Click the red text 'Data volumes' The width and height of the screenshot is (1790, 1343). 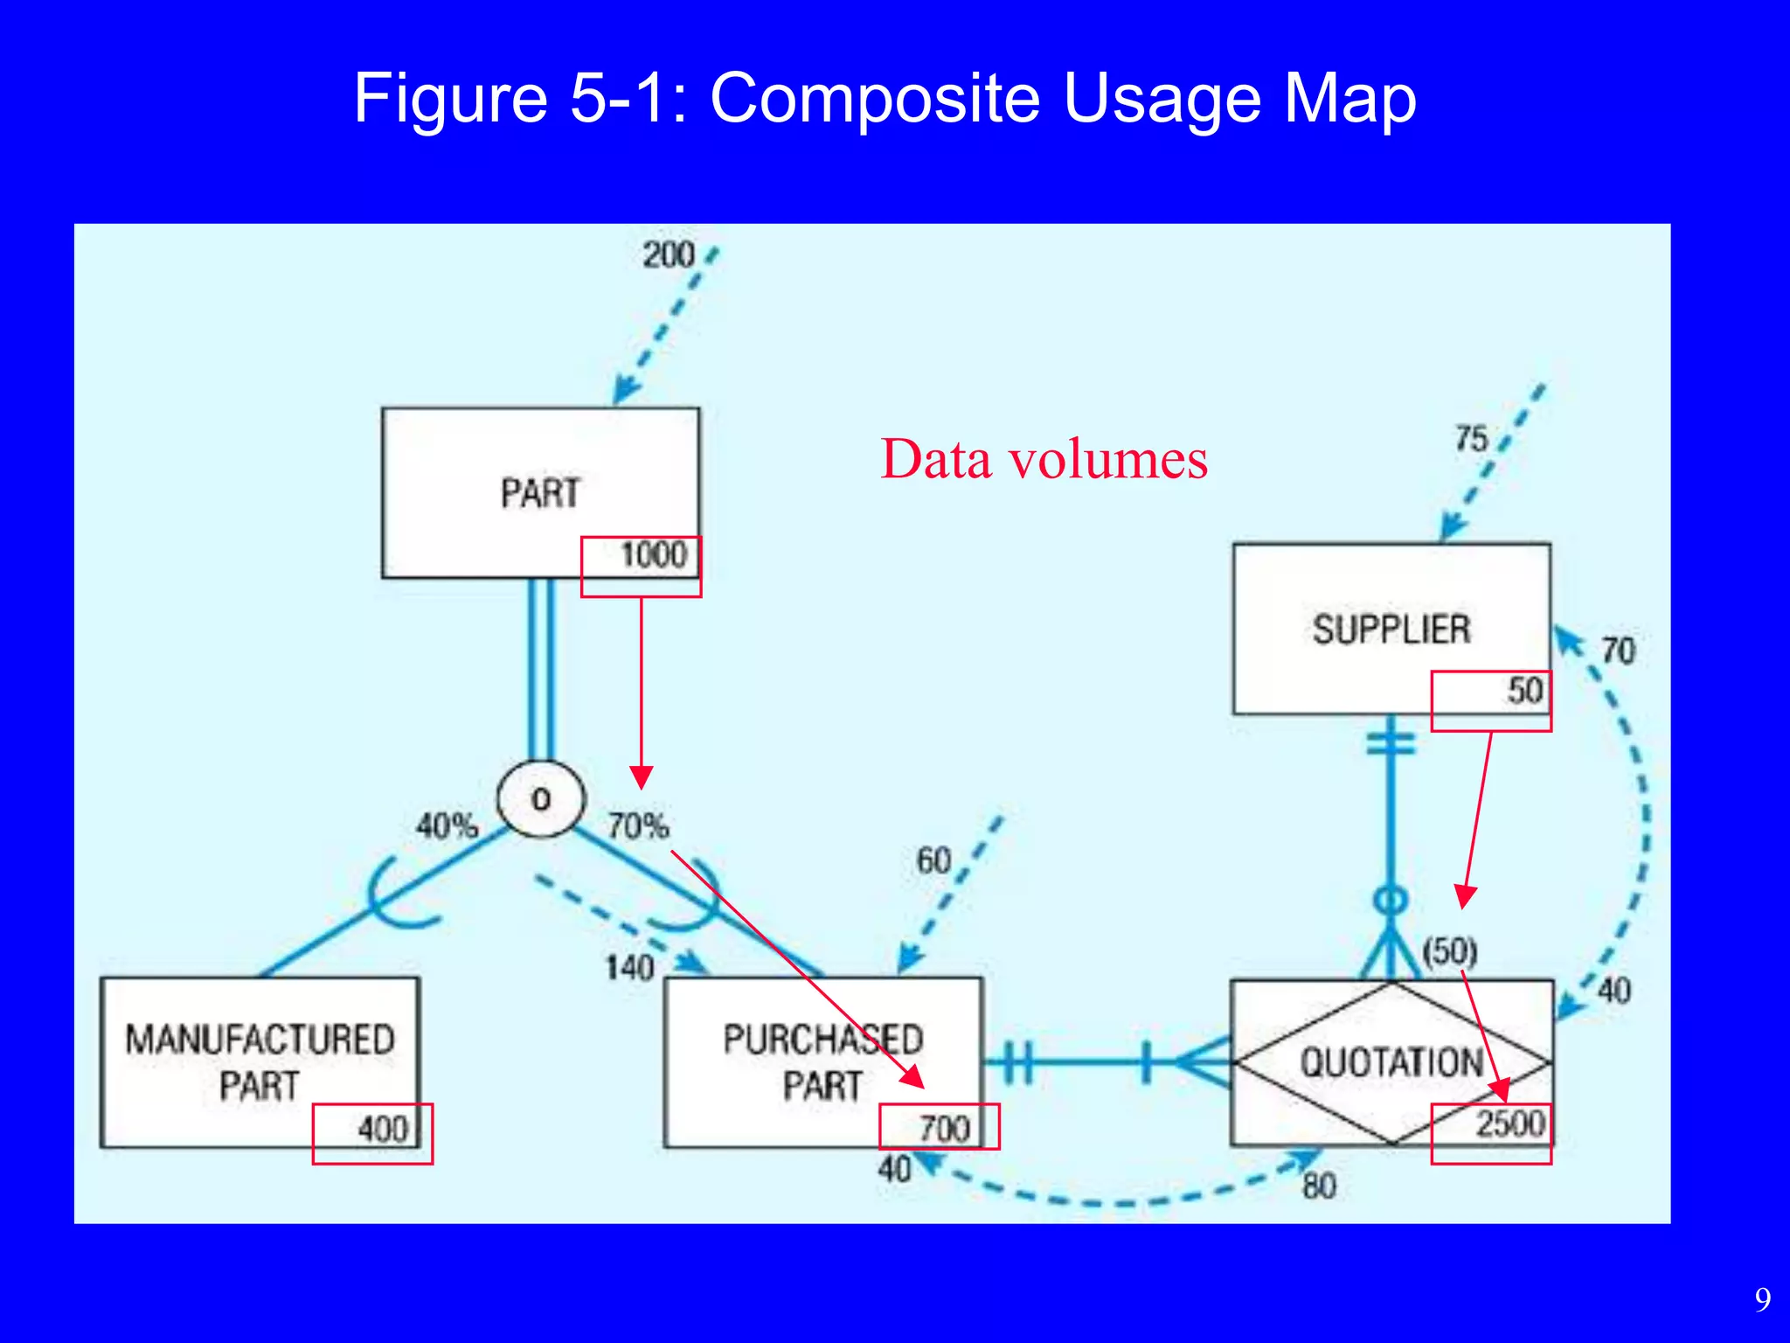pyautogui.click(x=1044, y=459)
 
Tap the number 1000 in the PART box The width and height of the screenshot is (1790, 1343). pyautogui.click(x=653, y=555)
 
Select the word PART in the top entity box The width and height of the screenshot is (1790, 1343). pyautogui.click(x=540, y=493)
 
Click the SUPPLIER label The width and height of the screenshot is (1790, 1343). pyautogui.click(x=1391, y=630)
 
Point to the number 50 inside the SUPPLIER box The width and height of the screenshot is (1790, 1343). pyautogui.click(x=1525, y=691)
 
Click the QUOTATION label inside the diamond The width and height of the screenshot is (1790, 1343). pyautogui.click(x=1391, y=1062)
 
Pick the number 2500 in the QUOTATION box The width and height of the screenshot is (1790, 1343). pyautogui.click(x=1510, y=1124)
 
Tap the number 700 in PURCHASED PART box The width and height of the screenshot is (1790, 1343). pyautogui.click(x=944, y=1129)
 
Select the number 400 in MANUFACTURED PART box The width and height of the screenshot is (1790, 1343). pyautogui.click(x=383, y=1129)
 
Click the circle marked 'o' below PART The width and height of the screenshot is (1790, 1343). pyautogui.click(x=540, y=799)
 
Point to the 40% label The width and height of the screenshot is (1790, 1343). pyautogui.click(x=447, y=825)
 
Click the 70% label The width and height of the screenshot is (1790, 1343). pyautogui.click(x=638, y=825)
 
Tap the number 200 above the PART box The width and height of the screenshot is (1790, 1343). pyautogui.click(x=669, y=255)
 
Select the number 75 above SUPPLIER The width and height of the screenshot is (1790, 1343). pyautogui.click(x=1471, y=438)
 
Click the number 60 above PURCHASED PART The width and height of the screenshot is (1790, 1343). pyautogui.click(x=933, y=861)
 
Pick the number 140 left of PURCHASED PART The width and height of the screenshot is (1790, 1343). pyautogui.click(x=629, y=968)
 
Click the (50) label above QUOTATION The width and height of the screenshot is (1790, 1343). pyautogui.click(x=1450, y=951)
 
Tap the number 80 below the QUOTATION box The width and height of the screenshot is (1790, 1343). pyautogui.click(x=1319, y=1186)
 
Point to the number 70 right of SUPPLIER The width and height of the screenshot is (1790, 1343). pyautogui.click(x=1618, y=651)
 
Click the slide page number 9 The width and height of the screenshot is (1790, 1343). pyautogui.click(x=1763, y=1299)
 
